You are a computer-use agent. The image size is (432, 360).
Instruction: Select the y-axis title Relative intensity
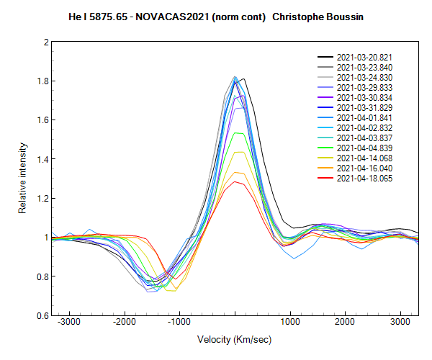click(24, 179)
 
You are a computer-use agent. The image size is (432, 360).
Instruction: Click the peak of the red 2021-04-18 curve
click(235, 181)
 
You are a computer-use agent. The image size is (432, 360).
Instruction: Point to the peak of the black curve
click(245, 78)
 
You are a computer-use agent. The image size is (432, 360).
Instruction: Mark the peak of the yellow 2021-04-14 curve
click(236, 151)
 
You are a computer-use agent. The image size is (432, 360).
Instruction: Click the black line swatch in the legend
click(325, 57)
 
